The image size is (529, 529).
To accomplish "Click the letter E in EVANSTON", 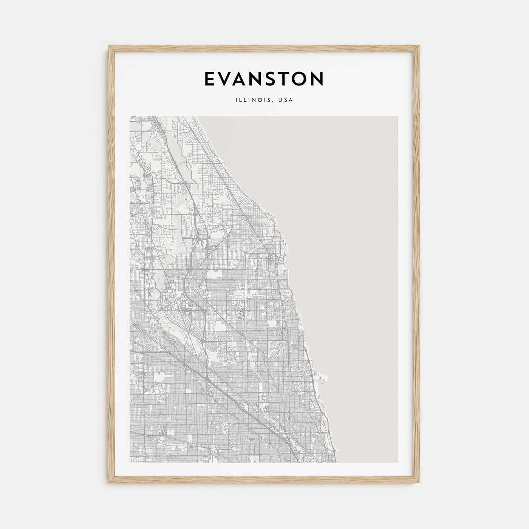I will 211,79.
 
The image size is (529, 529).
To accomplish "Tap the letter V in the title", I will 227,79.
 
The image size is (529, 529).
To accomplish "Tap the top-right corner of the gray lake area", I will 398,116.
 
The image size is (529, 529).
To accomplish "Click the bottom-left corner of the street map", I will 130,462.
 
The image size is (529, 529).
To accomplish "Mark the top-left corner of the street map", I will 130,116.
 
